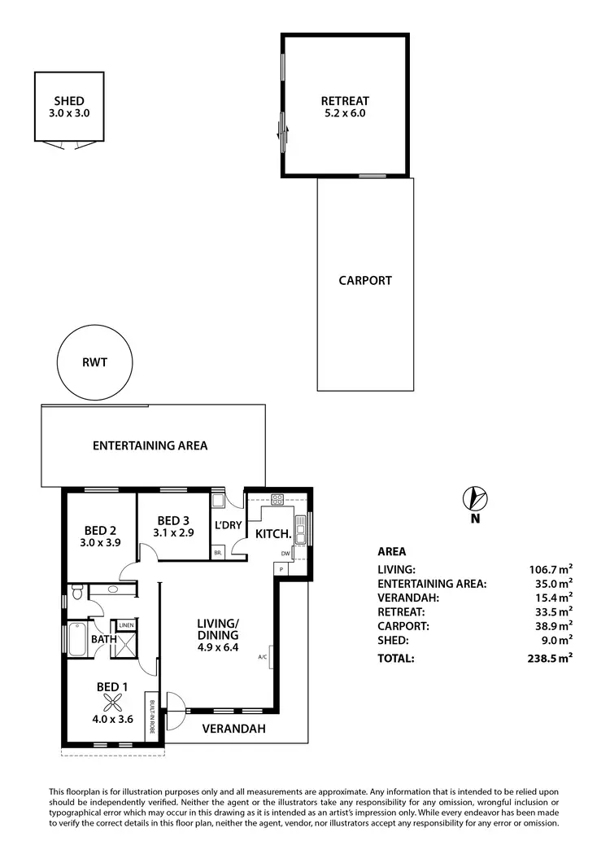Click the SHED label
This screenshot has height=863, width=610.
pyautogui.click(x=69, y=101)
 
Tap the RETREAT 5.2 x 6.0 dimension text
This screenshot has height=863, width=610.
pyautogui.click(x=345, y=114)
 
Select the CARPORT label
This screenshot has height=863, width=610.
pyautogui.click(x=365, y=281)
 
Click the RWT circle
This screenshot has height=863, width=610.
pyautogui.click(x=94, y=362)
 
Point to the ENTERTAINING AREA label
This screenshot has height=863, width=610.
pyautogui.click(x=150, y=445)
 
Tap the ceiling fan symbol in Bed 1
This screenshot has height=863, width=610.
pyautogui.click(x=112, y=703)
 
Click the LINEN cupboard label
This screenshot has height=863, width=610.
pyautogui.click(x=126, y=625)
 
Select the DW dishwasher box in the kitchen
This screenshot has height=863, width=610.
pyautogui.click(x=285, y=554)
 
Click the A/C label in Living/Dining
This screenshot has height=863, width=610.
pyautogui.click(x=263, y=656)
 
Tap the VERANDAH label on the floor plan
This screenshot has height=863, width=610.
pyautogui.click(x=234, y=729)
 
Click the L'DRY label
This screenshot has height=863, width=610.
pyautogui.click(x=228, y=525)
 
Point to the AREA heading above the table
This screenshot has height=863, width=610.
pyautogui.click(x=392, y=551)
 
